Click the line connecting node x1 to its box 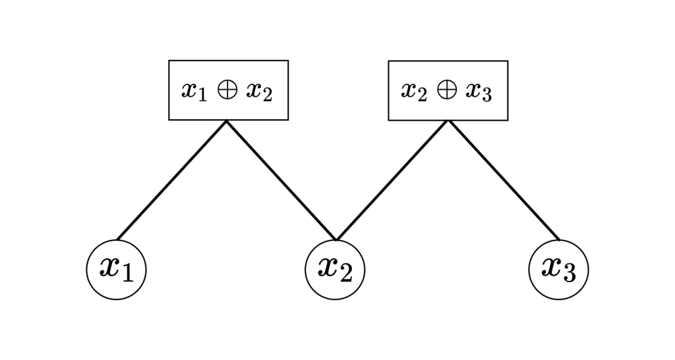point(171,181)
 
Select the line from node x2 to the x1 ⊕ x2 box point(281,181)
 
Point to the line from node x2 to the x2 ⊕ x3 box point(392,181)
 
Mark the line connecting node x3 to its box point(504,181)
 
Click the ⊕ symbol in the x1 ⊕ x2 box point(227,90)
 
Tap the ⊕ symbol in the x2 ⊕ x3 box point(447,90)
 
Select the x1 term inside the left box point(194,92)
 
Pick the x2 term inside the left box point(259,92)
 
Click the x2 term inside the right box point(414,92)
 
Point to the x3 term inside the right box point(479,92)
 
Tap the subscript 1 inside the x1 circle point(127,273)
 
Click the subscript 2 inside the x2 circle point(345,273)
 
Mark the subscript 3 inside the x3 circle point(569,273)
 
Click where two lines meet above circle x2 point(336,240)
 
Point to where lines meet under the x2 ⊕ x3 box point(448,121)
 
